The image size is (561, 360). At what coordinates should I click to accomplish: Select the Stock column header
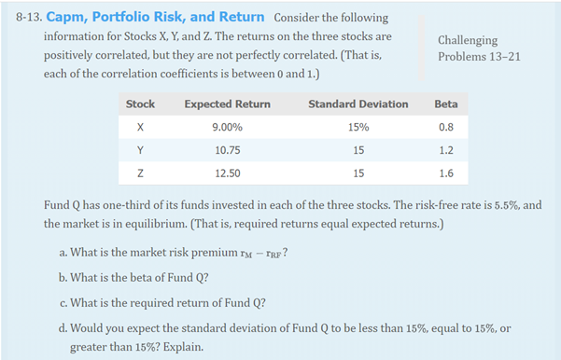coord(140,104)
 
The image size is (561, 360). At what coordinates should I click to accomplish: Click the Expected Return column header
coord(228,104)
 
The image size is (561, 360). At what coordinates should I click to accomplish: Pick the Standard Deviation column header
coord(358,104)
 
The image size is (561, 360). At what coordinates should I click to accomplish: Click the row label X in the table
coord(140,126)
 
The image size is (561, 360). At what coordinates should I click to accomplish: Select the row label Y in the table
coord(140,148)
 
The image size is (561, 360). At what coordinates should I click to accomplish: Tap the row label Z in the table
coord(140,172)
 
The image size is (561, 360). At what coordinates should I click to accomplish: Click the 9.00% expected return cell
coord(228,126)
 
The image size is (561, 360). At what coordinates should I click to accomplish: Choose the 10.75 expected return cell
coord(228,148)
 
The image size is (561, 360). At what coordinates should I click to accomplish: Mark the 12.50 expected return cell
coord(228,172)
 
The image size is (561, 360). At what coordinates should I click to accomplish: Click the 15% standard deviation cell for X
coord(358,126)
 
